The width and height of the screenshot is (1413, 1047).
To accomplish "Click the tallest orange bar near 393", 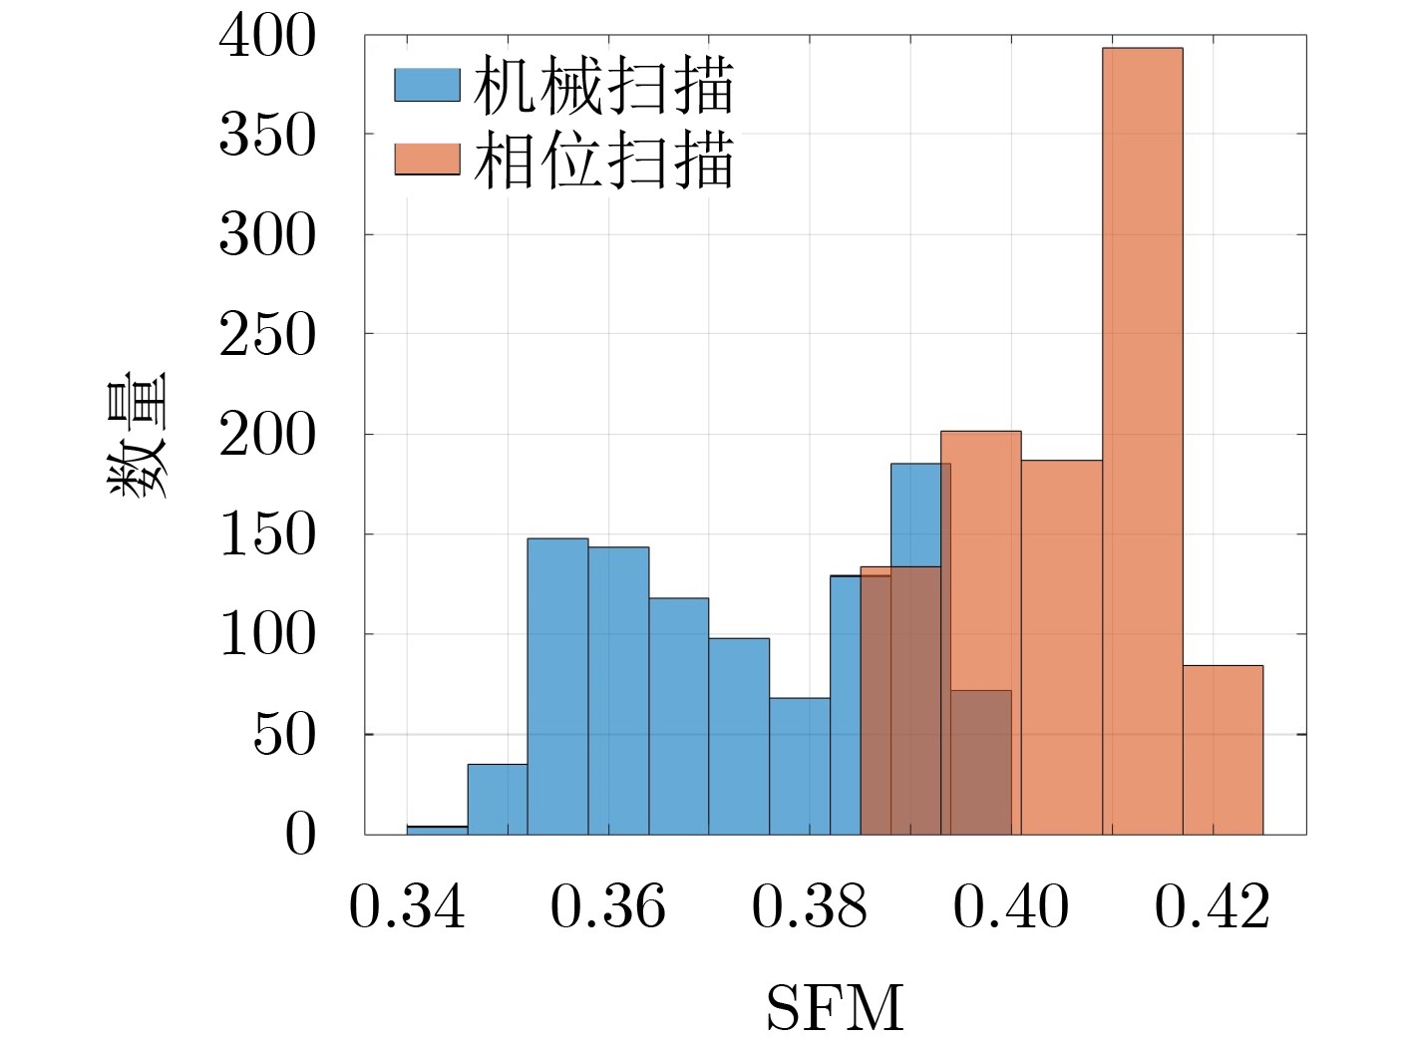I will point(1142,439).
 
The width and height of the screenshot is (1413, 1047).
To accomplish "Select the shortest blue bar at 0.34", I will point(437,830).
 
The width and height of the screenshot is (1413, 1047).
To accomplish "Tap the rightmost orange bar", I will point(1223,749).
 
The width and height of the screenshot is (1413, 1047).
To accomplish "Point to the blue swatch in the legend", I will point(427,85).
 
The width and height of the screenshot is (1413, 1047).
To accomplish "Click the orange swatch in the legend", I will point(427,160).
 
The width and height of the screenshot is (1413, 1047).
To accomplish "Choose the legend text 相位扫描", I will point(603,162).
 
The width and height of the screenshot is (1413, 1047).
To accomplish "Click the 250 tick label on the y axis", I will point(267,335).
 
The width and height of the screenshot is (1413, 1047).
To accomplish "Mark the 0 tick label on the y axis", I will point(299,835).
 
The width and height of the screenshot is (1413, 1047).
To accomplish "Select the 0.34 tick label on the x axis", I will point(407,907).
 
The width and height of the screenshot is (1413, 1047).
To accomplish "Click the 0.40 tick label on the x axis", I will point(1011,907).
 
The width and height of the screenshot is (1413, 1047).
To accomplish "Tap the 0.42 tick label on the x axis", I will point(1213,907).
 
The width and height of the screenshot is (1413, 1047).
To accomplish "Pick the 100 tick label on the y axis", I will point(267,635).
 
